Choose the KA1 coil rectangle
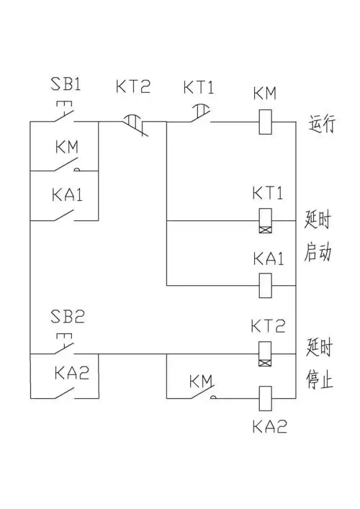[x=264, y=285]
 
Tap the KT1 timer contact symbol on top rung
[x=199, y=115]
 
